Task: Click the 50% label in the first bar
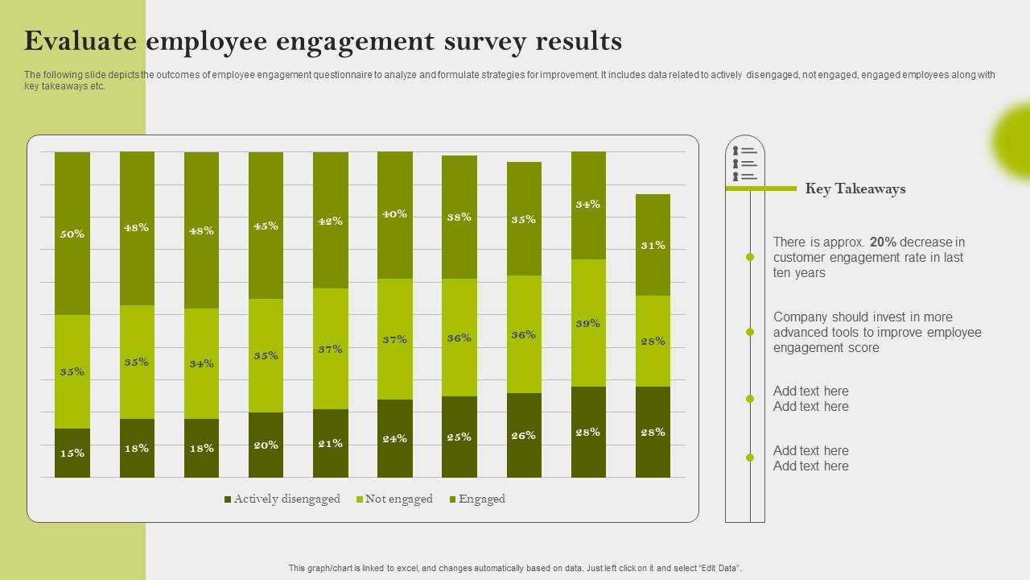pyautogui.click(x=72, y=234)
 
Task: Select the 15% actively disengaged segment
pyautogui.click(x=72, y=453)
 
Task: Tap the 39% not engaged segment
pyautogui.click(x=588, y=323)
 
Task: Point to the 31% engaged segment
pyautogui.click(x=653, y=245)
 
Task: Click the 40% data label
pyautogui.click(x=395, y=214)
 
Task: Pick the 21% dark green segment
pyautogui.click(x=331, y=443)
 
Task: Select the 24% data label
pyautogui.click(x=395, y=439)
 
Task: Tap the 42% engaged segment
pyautogui.click(x=331, y=220)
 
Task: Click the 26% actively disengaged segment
pyautogui.click(x=524, y=435)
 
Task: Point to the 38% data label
pyautogui.click(x=459, y=217)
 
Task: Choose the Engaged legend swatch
pyautogui.click(x=452, y=500)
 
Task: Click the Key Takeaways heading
pyautogui.click(x=855, y=189)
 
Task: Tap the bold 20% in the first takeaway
pyautogui.click(x=883, y=242)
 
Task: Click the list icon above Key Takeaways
pyautogui.click(x=745, y=164)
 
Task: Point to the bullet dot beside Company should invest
pyautogui.click(x=750, y=332)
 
